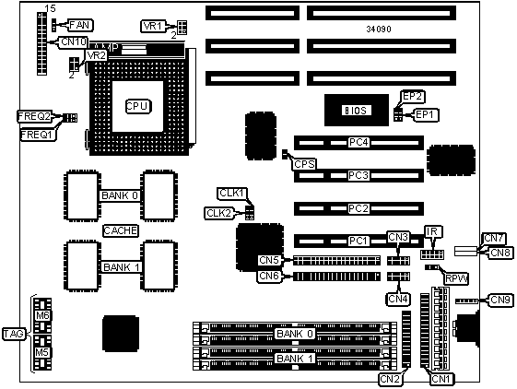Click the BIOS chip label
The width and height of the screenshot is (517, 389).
coord(356,111)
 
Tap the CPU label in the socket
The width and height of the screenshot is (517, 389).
coord(138,106)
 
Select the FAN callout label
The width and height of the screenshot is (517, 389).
coord(80,25)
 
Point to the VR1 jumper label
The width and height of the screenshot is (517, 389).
coord(153,26)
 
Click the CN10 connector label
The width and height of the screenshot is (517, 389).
coord(74,42)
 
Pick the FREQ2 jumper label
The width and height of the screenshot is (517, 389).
coord(35,116)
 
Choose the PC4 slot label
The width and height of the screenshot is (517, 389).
coord(358,142)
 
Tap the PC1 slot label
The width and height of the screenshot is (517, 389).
coord(358,241)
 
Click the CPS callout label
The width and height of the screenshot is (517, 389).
coord(304,164)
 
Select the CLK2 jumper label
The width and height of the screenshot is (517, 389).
coord(219,213)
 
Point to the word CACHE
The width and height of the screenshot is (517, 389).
coord(121,230)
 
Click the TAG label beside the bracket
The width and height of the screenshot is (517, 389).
coord(14,334)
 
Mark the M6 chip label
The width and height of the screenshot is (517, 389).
coord(43,315)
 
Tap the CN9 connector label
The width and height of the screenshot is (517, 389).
coord(500,300)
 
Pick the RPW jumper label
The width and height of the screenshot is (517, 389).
coord(456,278)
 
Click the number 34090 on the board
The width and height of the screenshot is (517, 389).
coord(379,29)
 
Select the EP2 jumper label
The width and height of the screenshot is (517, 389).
coord(413,97)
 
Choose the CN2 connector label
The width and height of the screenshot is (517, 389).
coord(391,379)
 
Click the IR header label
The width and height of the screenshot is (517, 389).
coord(432,231)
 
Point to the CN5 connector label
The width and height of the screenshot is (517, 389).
coord(270,260)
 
